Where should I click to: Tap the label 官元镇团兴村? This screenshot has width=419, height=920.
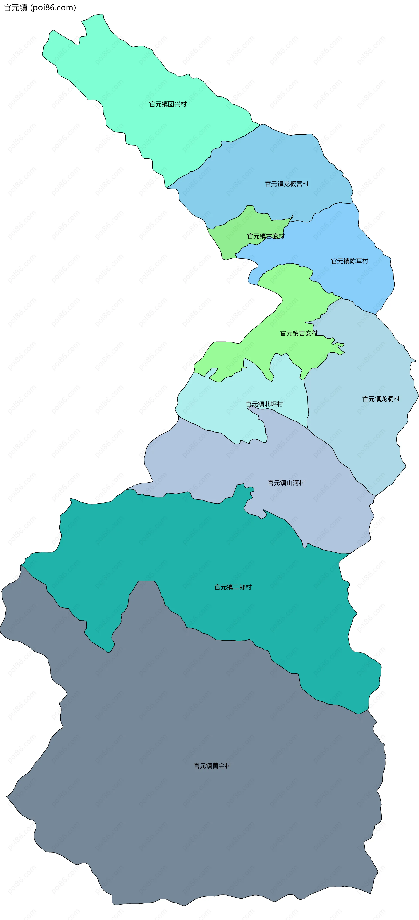coord(168,104)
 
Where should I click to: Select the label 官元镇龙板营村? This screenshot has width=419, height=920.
coord(287,184)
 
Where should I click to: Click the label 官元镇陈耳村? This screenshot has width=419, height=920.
coord(349,261)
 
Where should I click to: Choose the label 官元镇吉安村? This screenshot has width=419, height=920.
coord(299,333)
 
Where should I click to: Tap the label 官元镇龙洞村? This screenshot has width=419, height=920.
coord(381,399)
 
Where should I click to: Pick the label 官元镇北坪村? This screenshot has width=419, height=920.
coord(264,404)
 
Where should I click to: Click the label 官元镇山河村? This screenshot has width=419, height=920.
coord(286,483)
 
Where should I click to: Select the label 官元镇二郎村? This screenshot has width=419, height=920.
coord(233,587)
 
